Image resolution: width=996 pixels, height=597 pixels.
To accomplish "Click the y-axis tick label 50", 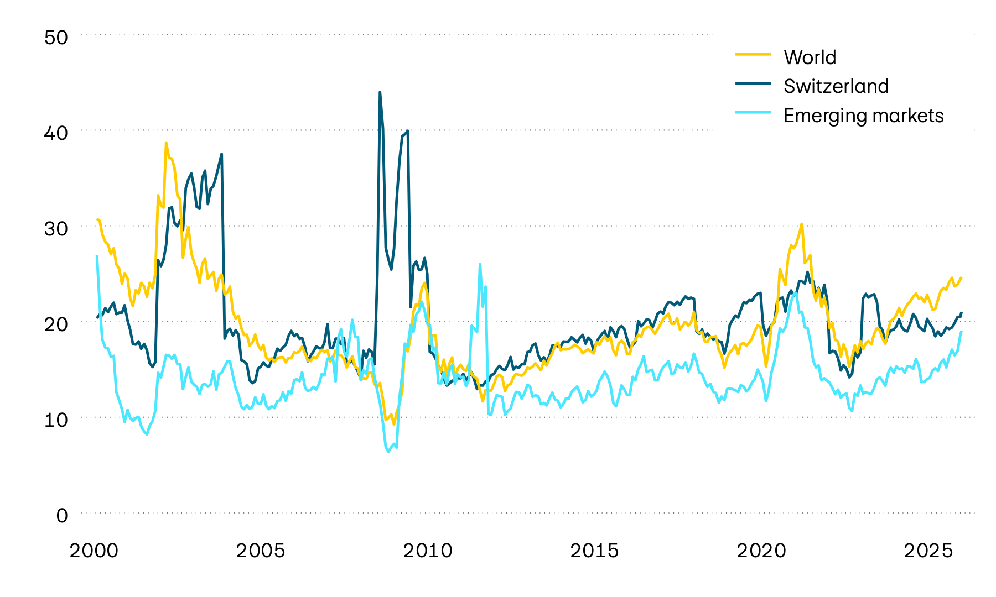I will point(55,38).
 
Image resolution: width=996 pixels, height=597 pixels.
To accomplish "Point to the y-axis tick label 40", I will point(55,133).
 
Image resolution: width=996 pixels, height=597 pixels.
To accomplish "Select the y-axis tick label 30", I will point(55,228).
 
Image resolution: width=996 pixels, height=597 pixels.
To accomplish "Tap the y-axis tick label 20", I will point(55,324).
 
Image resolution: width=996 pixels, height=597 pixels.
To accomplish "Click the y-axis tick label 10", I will point(55,420).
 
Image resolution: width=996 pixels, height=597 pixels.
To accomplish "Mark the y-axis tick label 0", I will point(62,515).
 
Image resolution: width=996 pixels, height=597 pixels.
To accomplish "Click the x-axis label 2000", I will point(94,551).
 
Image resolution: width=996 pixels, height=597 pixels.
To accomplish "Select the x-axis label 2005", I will point(261,551).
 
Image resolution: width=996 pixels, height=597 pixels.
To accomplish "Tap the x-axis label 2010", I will point(428,551).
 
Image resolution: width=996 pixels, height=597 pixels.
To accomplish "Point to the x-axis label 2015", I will point(594,551).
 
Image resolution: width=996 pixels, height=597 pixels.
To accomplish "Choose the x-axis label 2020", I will point(761,551).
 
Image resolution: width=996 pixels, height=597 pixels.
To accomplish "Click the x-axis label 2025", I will point(928,551).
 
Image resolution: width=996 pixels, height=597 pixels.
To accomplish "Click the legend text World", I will point(810,57).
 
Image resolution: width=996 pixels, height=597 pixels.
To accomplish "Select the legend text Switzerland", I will point(836,86).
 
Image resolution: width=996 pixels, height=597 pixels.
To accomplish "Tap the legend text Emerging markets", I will point(864,116).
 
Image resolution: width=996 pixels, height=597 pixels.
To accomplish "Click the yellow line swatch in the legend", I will point(753,54).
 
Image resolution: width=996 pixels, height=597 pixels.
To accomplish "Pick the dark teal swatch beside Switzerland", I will point(753,83).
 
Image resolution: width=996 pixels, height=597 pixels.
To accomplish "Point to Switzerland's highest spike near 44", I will point(380,93).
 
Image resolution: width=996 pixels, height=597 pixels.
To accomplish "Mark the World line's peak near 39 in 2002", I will point(166,143).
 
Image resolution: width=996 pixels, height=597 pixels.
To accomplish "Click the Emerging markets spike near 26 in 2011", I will point(480,264).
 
